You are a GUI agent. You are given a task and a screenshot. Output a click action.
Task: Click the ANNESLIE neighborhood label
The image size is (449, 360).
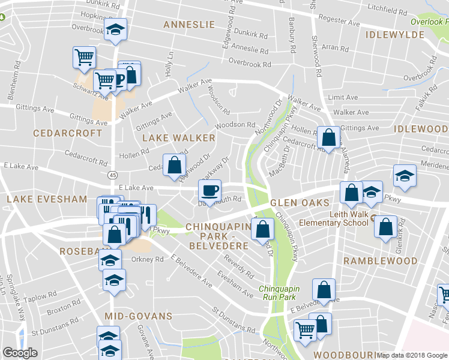coord(189,25)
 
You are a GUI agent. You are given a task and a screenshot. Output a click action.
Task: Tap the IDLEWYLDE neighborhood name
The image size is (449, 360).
coord(394,35)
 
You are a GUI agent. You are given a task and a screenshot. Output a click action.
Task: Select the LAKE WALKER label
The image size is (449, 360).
coord(178,138)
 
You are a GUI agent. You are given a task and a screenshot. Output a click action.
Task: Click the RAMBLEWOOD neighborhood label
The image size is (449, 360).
coord(380,261)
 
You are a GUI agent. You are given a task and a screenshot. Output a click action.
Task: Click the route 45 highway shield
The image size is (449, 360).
coord(113,175)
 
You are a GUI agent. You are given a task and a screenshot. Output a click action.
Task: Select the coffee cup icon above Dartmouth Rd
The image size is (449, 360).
coord(209,190)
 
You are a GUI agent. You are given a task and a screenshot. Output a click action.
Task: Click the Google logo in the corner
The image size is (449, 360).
coord(20,353)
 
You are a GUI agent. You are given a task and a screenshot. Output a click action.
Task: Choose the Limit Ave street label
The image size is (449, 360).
coord(342,97)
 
